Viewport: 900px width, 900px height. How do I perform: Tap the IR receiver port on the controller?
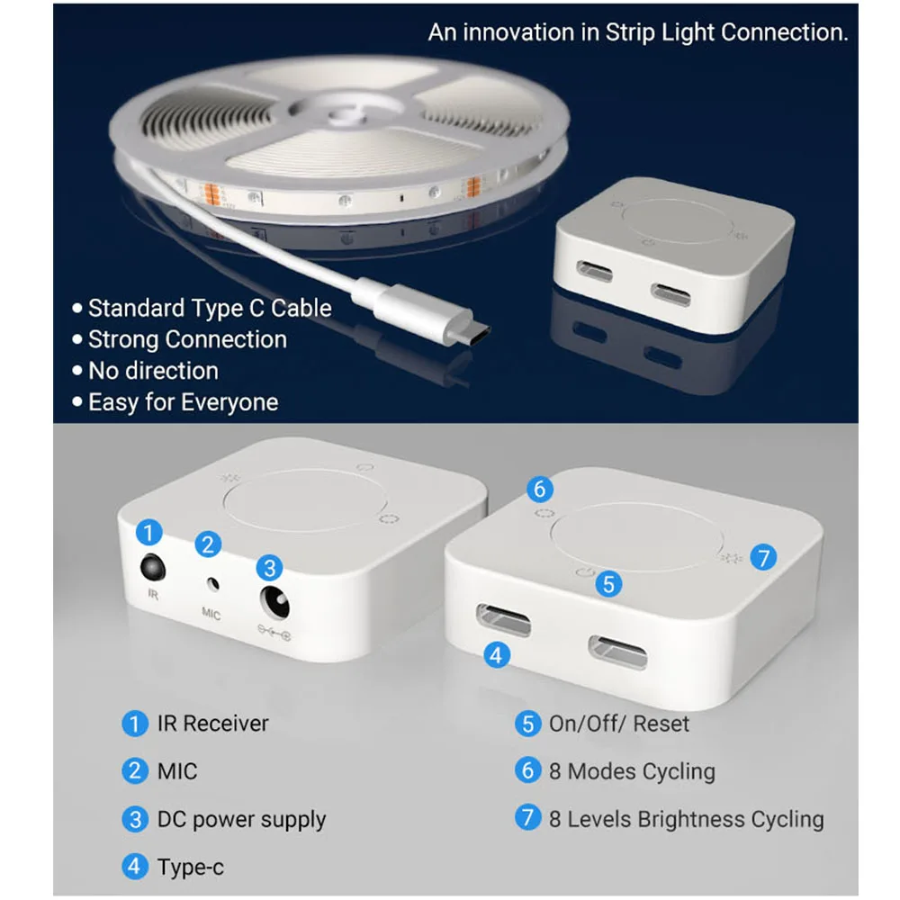click(152, 569)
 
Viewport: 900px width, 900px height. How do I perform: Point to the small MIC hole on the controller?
click(212, 582)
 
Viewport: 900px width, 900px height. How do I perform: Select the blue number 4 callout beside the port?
click(497, 654)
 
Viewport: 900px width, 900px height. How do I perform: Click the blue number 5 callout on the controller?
click(609, 583)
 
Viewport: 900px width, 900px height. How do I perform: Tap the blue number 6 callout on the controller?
click(539, 490)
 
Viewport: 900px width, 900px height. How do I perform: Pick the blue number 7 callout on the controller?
click(762, 557)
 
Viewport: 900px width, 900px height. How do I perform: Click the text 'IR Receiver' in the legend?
click(212, 723)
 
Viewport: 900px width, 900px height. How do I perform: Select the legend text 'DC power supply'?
click(241, 819)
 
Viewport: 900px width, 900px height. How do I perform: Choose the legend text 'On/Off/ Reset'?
click(619, 724)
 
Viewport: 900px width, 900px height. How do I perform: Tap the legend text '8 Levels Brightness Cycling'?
click(686, 819)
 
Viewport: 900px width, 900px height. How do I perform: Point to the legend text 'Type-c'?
click(191, 868)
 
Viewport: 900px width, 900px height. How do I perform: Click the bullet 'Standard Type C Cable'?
click(210, 308)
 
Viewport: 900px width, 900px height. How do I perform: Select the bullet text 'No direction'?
click(153, 371)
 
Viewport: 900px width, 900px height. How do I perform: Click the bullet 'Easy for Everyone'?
click(183, 401)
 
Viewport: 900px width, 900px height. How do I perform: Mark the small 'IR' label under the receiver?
click(152, 595)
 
